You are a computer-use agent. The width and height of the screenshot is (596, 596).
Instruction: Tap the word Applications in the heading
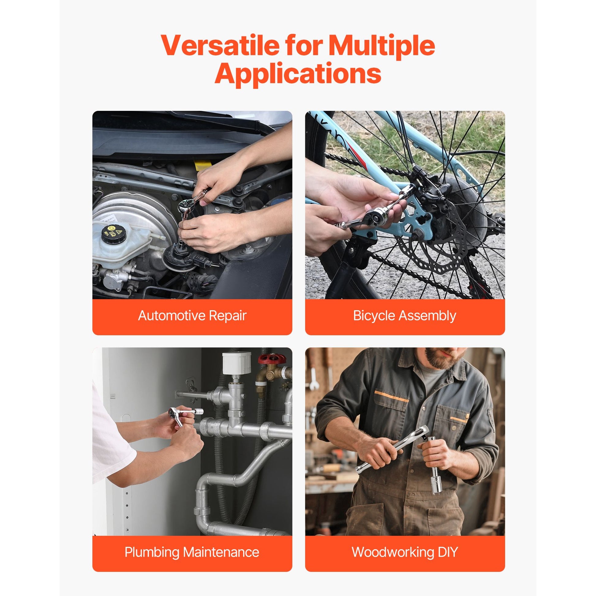click(298, 73)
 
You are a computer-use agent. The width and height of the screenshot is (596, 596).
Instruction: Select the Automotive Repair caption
click(192, 316)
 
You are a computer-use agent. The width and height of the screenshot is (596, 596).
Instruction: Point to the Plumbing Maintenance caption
click(192, 552)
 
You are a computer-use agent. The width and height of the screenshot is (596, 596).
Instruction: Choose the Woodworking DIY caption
click(405, 552)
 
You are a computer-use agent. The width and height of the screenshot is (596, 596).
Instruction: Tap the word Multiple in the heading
click(381, 46)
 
